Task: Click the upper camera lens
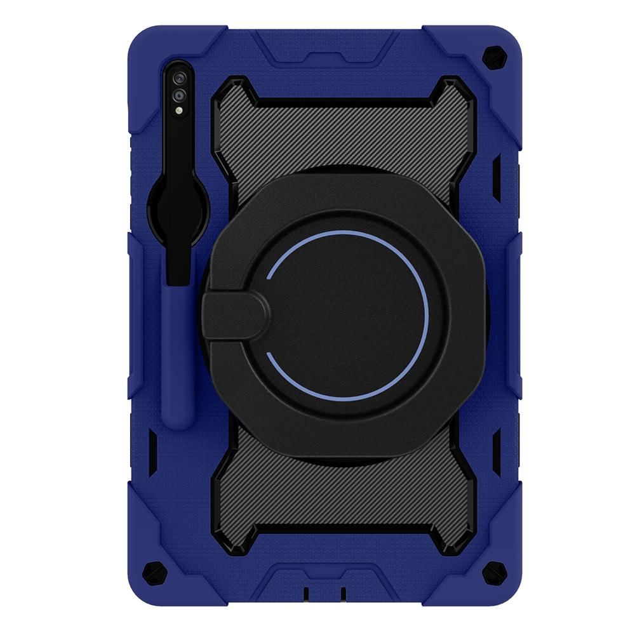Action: (179, 78)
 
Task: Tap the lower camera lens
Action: (179, 95)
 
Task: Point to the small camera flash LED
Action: (179, 110)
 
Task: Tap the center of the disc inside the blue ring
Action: (347, 316)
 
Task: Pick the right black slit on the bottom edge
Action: (343, 594)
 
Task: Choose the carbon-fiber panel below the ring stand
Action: (346, 502)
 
